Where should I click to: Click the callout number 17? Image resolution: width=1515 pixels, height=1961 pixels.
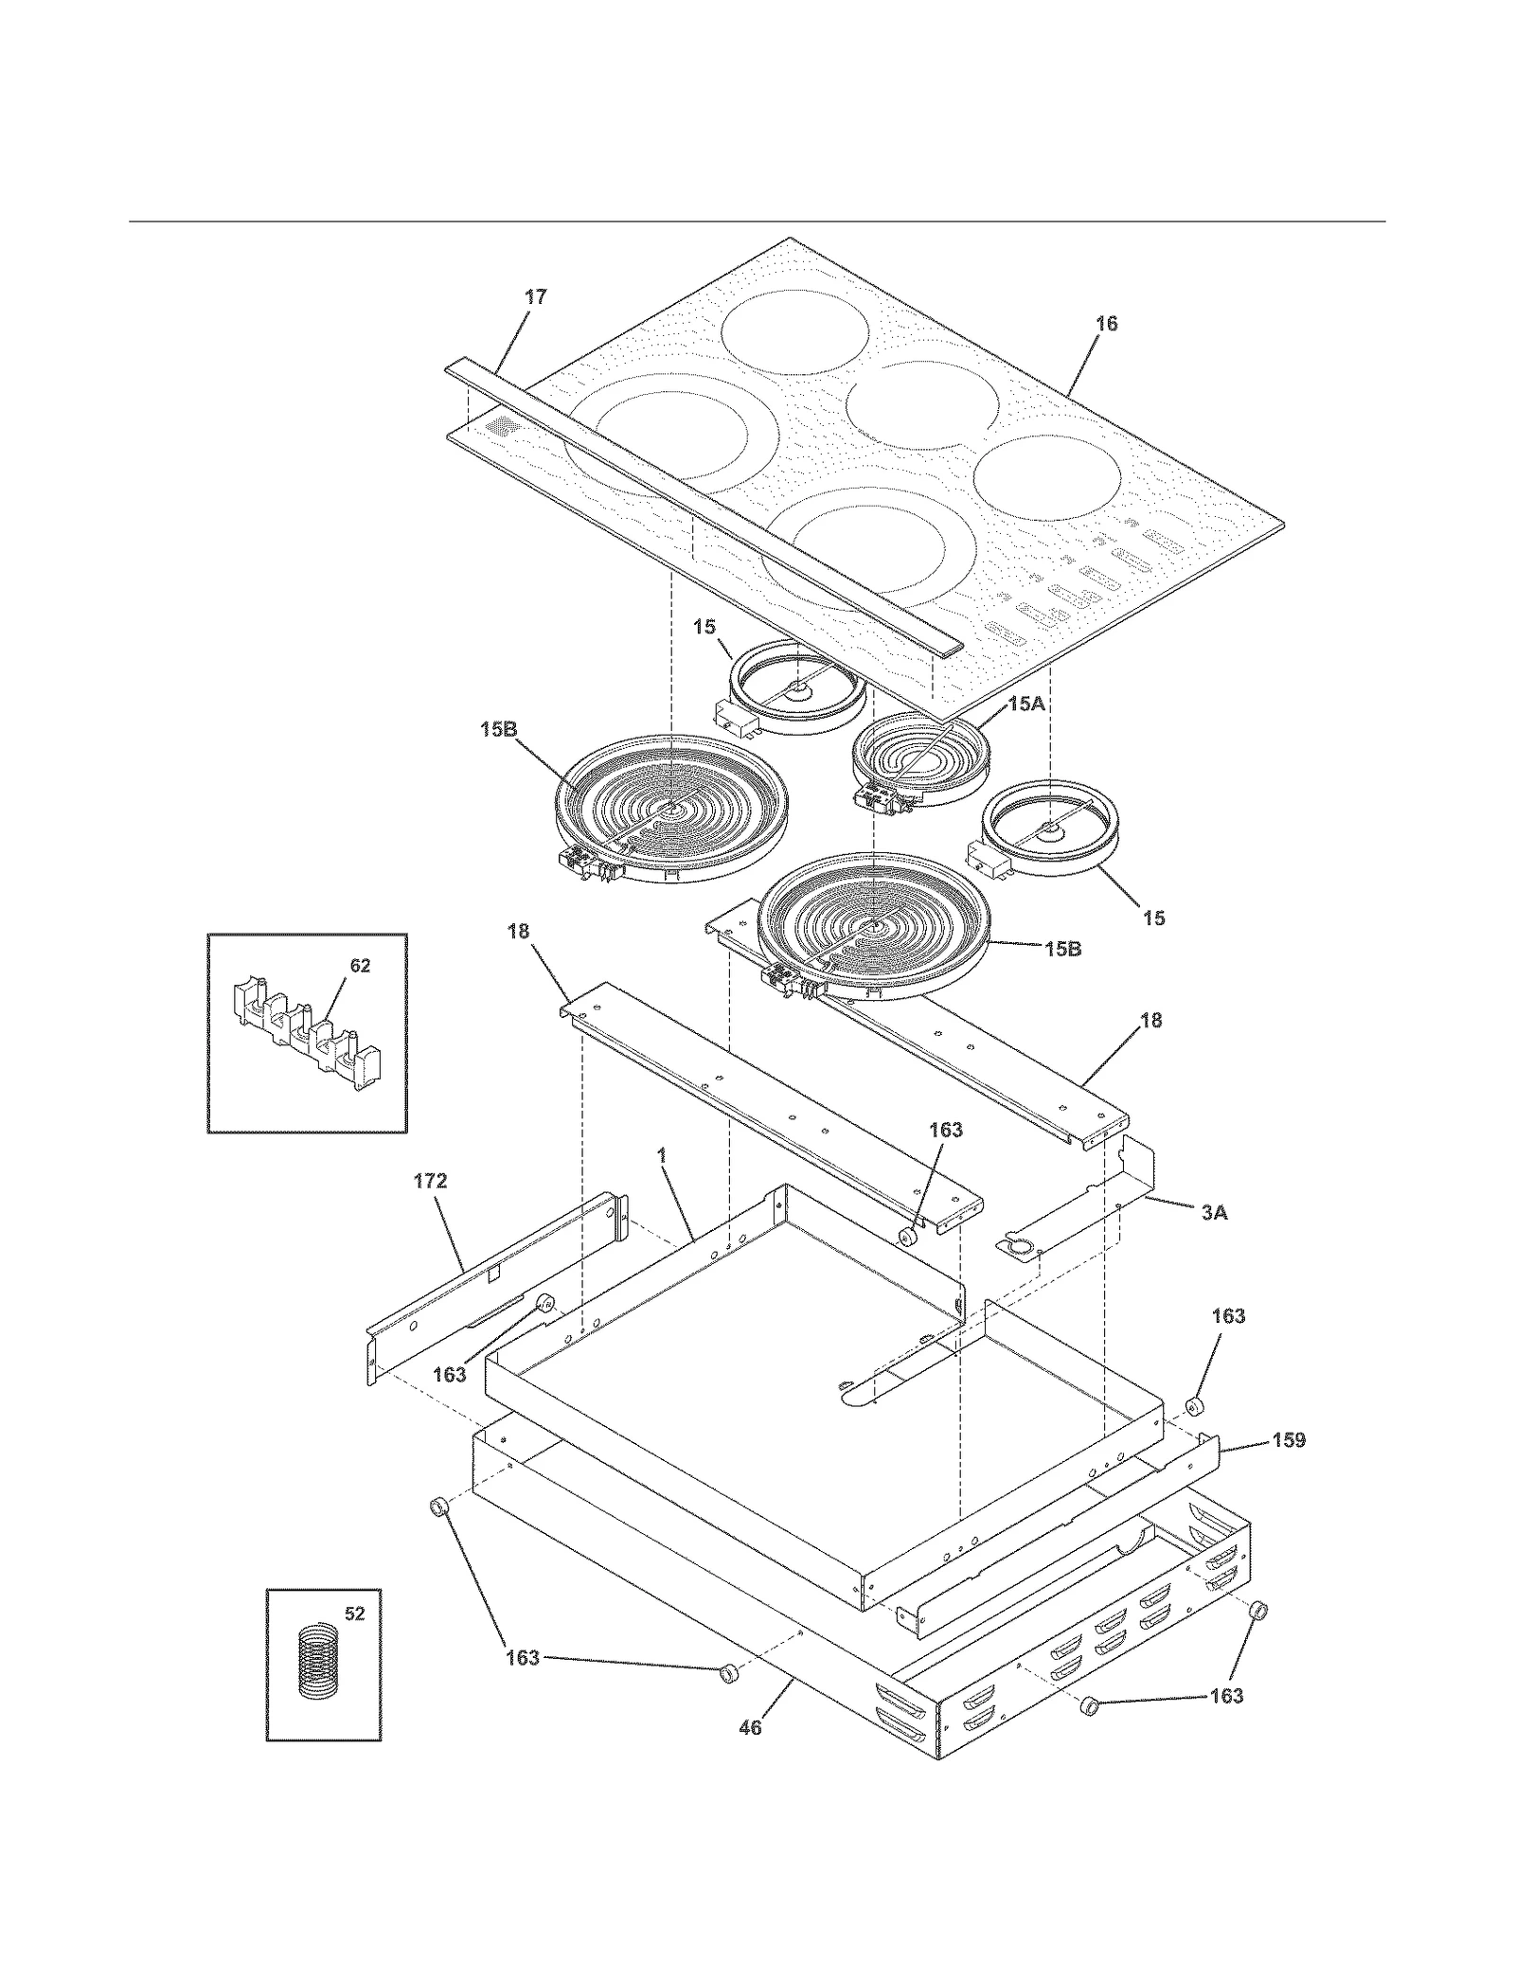536,297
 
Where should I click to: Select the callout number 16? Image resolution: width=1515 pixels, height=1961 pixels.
1106,324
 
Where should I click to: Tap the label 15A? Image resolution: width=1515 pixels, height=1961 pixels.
1026,704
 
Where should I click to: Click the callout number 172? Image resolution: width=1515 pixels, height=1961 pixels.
430,1181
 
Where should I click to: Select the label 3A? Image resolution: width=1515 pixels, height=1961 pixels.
1214,1212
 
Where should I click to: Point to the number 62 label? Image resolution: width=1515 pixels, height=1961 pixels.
360,966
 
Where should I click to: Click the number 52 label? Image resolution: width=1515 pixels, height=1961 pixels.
354,1613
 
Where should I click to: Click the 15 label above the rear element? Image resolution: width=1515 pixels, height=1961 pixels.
704,627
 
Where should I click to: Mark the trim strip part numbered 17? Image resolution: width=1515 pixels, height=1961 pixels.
701,507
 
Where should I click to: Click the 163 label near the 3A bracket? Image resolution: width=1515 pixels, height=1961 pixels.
945,1130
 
